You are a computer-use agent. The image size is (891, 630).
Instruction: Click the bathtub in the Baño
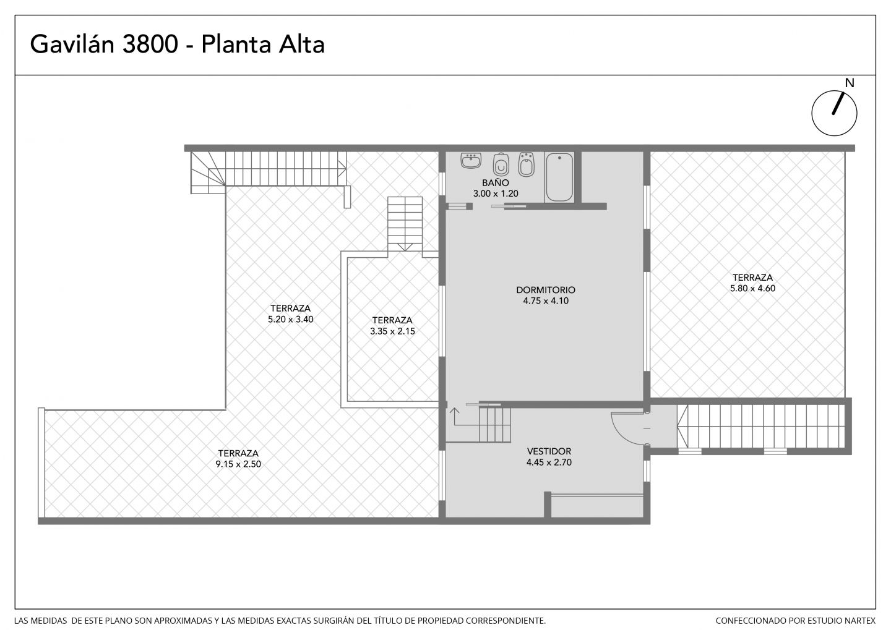(x=559, y=177)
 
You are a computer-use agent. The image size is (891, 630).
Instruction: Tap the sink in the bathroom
(x=471, y=161)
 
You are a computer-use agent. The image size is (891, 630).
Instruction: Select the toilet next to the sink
(x=501, y=164)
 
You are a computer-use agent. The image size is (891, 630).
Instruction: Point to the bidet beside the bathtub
(x=526, y=164)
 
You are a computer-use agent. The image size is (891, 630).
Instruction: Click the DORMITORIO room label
(x=546, y=290)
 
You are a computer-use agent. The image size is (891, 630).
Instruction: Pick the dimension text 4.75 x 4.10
(x=546, y=301)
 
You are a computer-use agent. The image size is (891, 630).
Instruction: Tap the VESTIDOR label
(x=549, y=451)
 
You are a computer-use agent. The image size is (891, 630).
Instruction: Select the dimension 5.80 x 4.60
(x=752, y=288)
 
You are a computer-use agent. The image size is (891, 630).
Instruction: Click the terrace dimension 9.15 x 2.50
(x=238, y=464)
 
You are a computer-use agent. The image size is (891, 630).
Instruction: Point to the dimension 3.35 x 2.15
(x=392, y=331)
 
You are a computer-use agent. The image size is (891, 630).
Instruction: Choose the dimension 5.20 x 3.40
(x=290, y=319)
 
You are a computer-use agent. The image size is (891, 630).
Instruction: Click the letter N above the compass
(x=849, y=83)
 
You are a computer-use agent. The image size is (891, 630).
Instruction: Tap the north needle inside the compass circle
(x=838, y=104)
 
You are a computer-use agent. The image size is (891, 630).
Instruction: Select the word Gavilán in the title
(x=72, y=45)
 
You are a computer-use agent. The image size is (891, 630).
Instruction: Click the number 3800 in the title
(x=150, y=45)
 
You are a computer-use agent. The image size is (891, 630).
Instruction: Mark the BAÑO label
(x=496, y=183)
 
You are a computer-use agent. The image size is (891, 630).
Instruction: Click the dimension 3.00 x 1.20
(x=496, y=194)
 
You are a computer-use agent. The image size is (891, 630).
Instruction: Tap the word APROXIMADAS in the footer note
(x=183, y=621)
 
